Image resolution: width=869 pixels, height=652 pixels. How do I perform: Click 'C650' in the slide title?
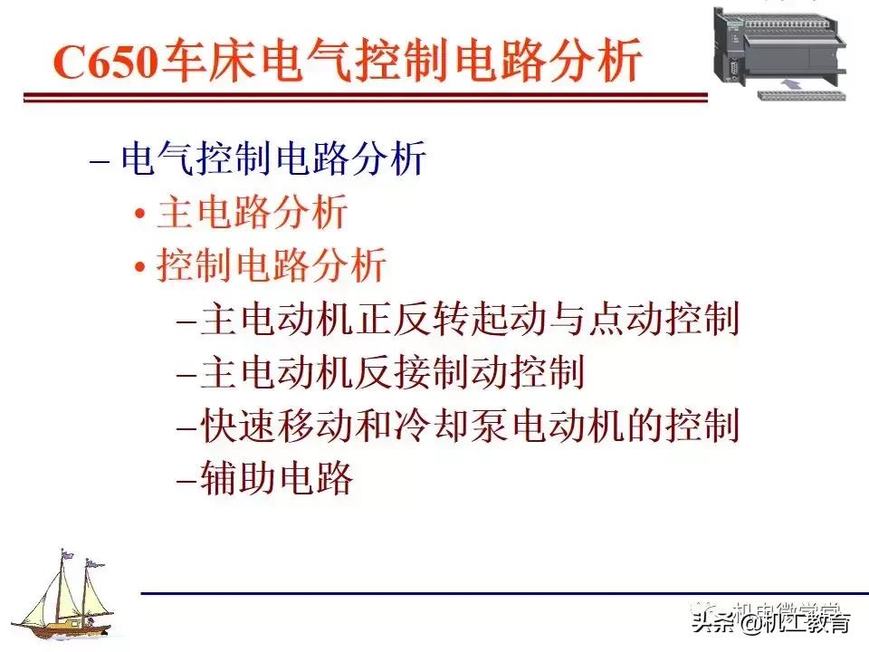[x=105, y=62]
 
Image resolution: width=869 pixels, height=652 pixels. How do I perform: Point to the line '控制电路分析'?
[x=272, y=266]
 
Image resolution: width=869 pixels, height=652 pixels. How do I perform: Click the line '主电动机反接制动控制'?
[x=392, y=373]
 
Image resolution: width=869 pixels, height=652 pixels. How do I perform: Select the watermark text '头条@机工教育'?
[x=771, y=623]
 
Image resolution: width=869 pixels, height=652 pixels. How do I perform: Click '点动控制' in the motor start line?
[x=664, y=320]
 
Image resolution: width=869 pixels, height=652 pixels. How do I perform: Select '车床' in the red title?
[x=205, y=62]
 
